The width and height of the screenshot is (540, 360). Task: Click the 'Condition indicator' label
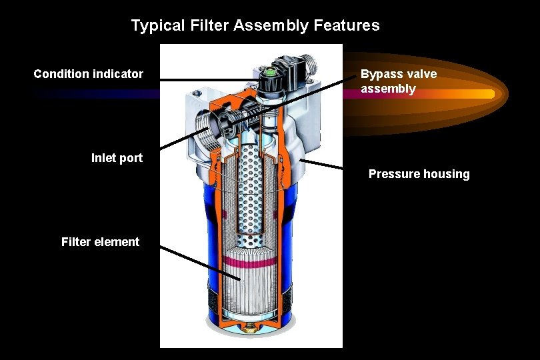click(88, 73)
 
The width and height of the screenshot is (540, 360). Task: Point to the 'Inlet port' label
click(117, 158)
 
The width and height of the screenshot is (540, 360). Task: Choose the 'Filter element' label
click(100, 242)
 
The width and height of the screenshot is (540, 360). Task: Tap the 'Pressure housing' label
click(419, 174)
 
